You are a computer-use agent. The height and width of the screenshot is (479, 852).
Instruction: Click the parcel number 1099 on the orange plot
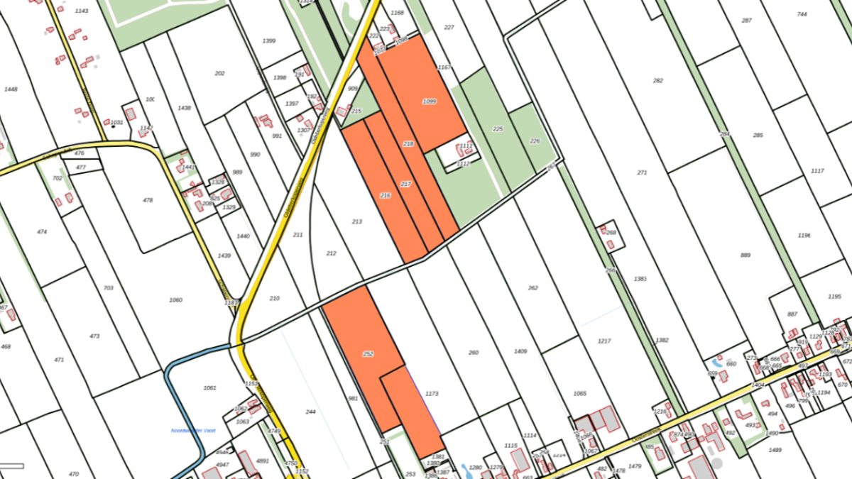click(x=429, y=101)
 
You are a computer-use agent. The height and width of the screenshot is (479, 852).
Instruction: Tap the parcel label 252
click(x=368, y=353)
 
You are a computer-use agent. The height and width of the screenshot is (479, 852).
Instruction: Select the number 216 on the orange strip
click(x=386, y=195)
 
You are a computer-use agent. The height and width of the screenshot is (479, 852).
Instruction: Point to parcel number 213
click(x=357, y=221)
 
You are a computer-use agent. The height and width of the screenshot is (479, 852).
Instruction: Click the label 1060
click(x=175, y=300)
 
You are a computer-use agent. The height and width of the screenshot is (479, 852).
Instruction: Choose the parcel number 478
click(x=148, y=200)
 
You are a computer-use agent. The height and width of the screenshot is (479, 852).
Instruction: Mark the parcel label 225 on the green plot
click(x=498, y=129)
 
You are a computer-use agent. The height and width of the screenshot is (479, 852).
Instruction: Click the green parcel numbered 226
click(x=535, y=141)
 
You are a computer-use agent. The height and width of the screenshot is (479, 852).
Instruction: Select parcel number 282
click(x=658, y=80)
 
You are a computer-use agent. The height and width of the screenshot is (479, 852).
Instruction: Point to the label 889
click(x=745, y=255)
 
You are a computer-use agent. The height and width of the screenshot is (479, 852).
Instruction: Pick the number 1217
click(x=604, y=341)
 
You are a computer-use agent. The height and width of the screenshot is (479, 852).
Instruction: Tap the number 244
click(x=310, y=412)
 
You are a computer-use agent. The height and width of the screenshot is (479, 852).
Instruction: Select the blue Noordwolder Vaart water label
click(x=193, y=430)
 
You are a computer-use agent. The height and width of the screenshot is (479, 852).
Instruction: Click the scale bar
click(x=12, y=466)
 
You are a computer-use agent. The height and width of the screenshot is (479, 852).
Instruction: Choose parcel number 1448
click(x=11, y=89)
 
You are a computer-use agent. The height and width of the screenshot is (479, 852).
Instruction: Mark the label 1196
click(x=804, y=235)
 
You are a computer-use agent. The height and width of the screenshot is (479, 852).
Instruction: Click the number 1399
click(x=269, y=41)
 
